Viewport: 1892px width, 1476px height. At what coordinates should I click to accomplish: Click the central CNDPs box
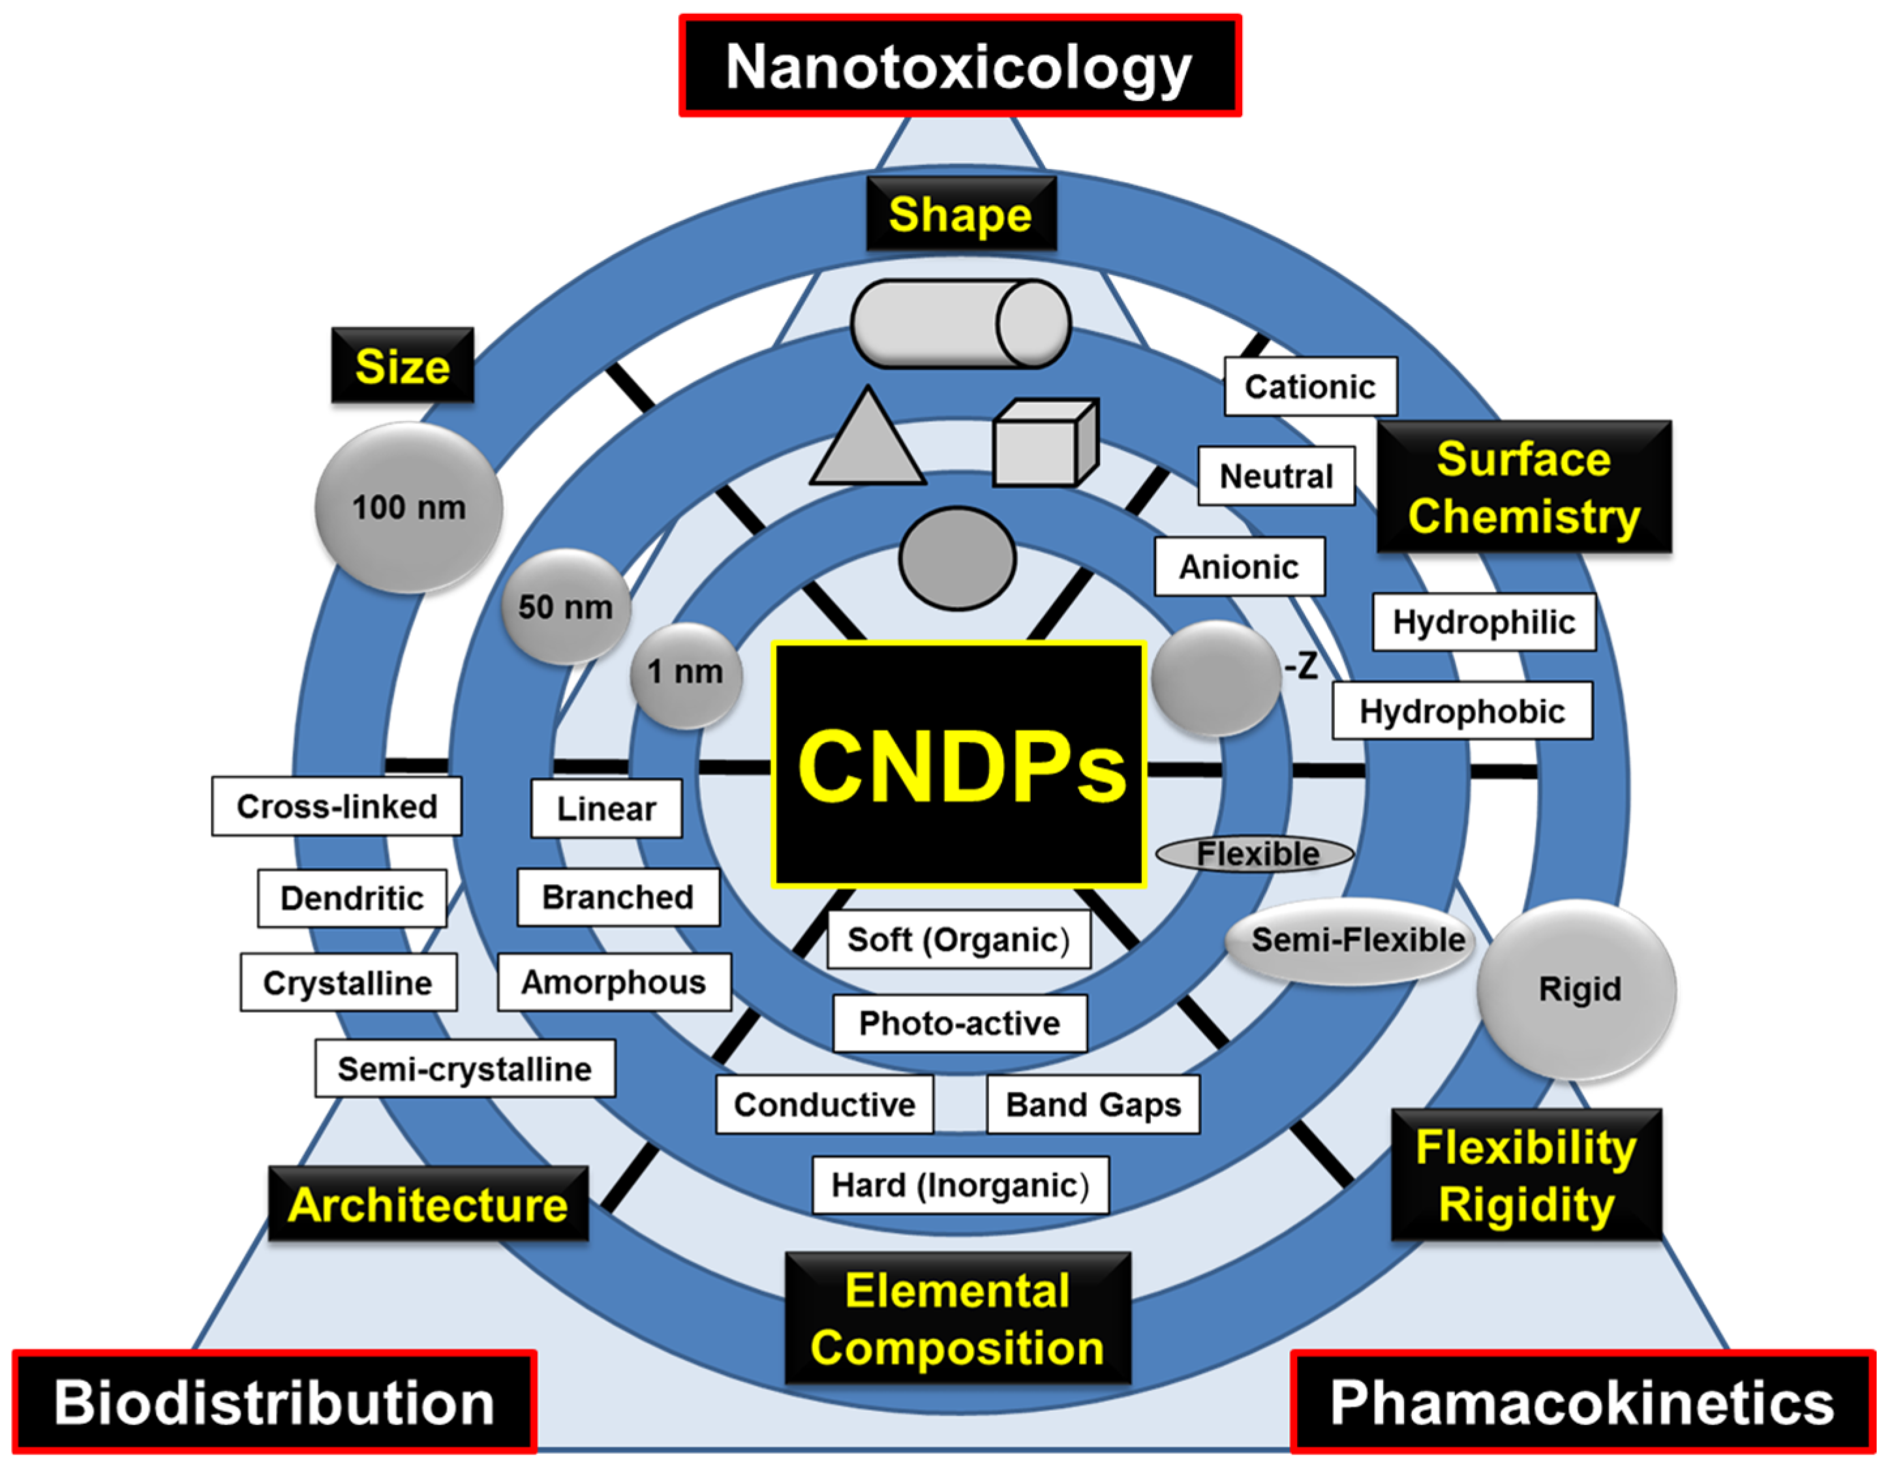click(959, 765)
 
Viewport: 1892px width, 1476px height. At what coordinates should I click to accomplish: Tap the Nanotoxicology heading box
click(959, 66)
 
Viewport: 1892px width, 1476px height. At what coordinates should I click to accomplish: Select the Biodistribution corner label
click(274, 1402)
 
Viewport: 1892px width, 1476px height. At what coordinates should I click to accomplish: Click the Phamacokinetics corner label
click(1582, 1402)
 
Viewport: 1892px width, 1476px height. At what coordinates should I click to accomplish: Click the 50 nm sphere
click(566, 606)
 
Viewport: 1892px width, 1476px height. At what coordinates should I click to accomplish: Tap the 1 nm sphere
click(685, 674)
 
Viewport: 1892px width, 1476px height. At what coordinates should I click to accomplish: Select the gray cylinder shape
click(960, 324)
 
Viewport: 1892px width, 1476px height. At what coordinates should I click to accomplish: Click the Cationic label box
click(1310, 386)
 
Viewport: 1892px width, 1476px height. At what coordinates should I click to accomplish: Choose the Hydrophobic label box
click(1461, 711)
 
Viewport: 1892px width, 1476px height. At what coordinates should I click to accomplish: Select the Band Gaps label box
click(1092, 1105)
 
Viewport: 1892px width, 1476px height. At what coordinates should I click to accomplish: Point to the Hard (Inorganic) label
click(960, 1185)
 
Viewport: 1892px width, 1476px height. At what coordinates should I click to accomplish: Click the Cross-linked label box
click(337, 807)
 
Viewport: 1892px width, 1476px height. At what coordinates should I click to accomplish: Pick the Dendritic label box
click(352, 899)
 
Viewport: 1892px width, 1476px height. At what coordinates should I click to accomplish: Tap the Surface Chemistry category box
click(1524, 487)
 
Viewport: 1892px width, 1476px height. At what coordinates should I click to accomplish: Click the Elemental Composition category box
click(957, 1318)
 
